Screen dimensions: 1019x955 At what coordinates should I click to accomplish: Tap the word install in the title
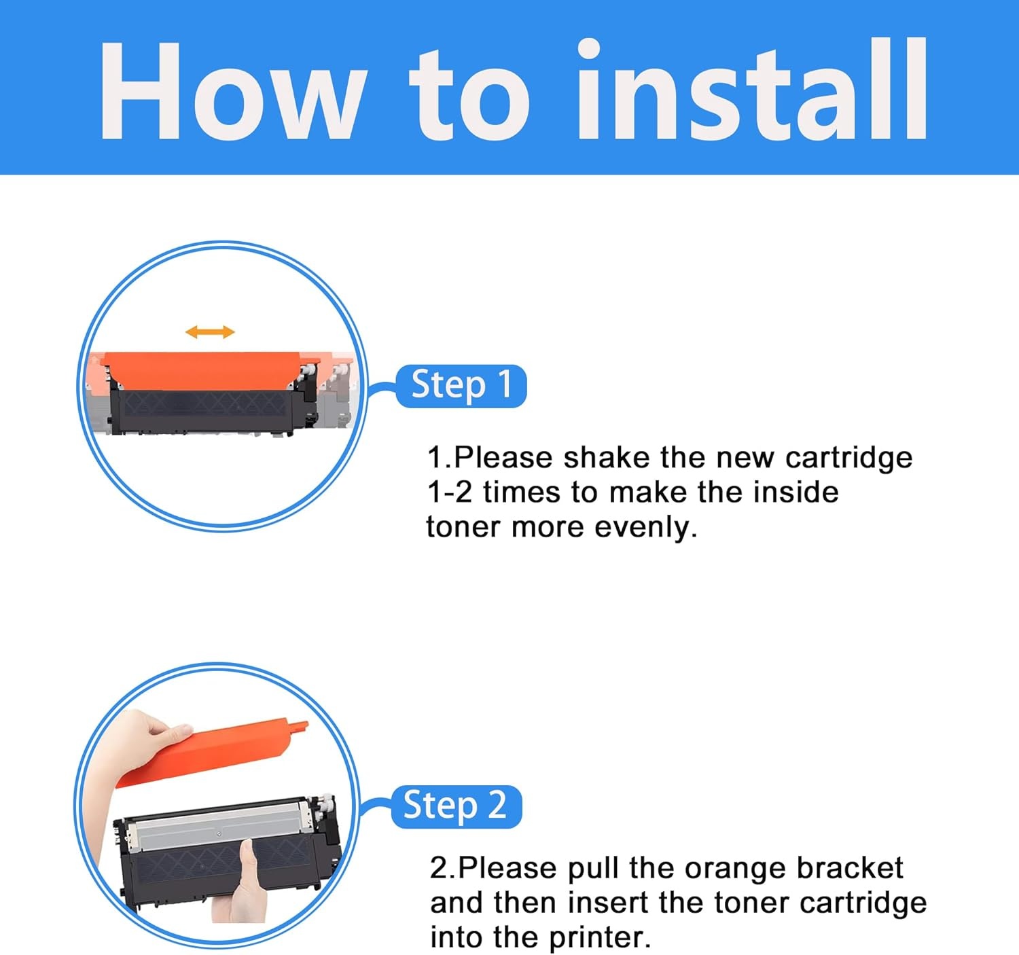click(752, 88)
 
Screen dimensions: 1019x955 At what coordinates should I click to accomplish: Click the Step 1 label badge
click(461, 386)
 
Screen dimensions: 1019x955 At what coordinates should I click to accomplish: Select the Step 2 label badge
click(456, 806)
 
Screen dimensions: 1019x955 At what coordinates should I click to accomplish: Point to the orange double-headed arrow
click(210, 332)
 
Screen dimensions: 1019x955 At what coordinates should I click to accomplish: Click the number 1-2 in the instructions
click(450, 492)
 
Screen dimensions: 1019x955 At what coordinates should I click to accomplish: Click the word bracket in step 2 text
click(850, 867)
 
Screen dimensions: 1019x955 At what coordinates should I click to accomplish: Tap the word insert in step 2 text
click(607, 902)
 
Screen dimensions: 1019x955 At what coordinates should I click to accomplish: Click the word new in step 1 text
click(745, 458)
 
